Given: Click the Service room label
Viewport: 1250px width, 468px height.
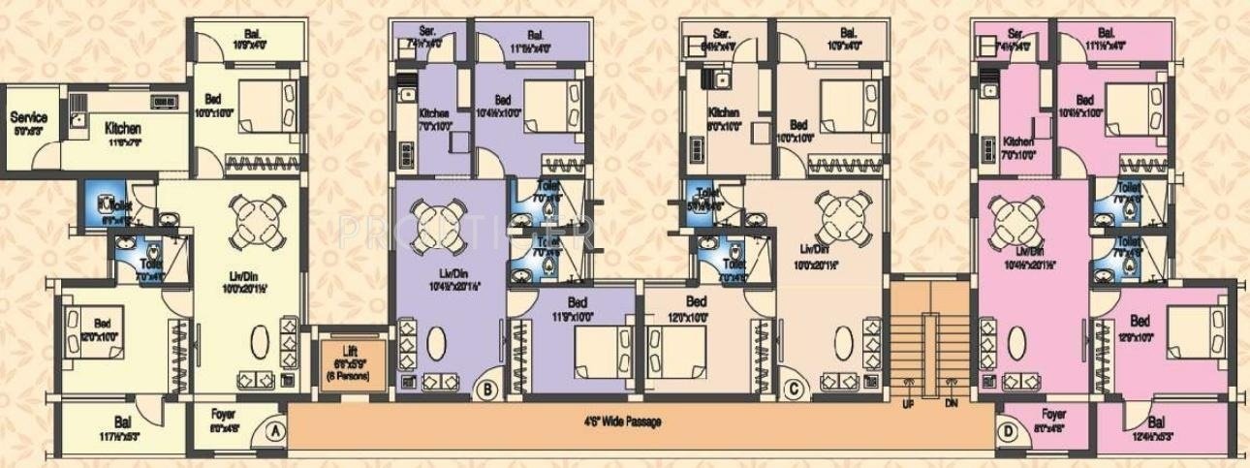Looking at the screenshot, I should [29, 117].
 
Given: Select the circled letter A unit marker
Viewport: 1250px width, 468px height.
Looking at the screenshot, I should [277, 429].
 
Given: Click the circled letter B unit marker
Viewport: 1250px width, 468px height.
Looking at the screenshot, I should [487, 390].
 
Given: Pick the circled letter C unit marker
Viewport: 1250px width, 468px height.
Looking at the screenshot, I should [795, 390].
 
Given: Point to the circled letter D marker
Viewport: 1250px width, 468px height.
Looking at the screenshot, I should [984, 429].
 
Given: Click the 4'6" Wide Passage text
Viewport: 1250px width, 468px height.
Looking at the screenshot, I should [623, 422].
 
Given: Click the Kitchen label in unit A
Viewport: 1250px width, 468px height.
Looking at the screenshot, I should [123, 128].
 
